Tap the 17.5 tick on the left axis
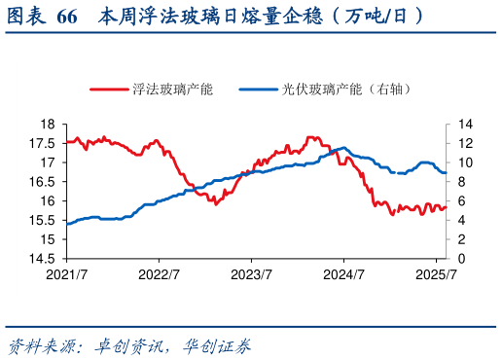point(41,143)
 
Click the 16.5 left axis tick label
point(41,182)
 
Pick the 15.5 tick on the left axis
point(41,220)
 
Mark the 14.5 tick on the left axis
point(41,259)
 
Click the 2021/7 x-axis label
point(66,274)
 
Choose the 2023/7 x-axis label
point(252,274)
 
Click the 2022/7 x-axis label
point(159,274)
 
